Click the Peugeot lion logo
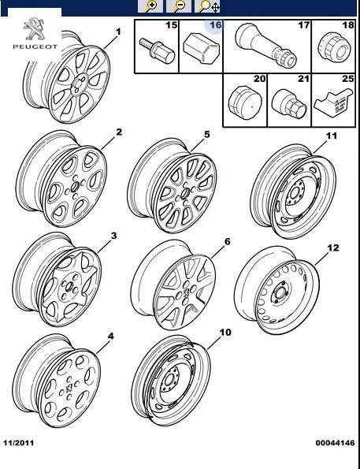[x=34, y=28]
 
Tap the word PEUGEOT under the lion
[x=35, y=47]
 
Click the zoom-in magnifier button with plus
[x=150, y=6]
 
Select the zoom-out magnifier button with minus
[x=179, y=6]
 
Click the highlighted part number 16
[x=215, y=25]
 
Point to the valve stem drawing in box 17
[x=265, y=44]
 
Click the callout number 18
[x=348, y=24]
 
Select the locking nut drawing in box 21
[x=289, y=104]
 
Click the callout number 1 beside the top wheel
[x=118, y=32]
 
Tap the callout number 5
[x=207, y=135]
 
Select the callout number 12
[x=333, y=248]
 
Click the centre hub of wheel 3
[x=69, y=288]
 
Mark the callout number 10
[x=225, y=333]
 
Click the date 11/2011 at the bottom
[x=19, y=443]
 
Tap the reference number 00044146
[x=335, y=443]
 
